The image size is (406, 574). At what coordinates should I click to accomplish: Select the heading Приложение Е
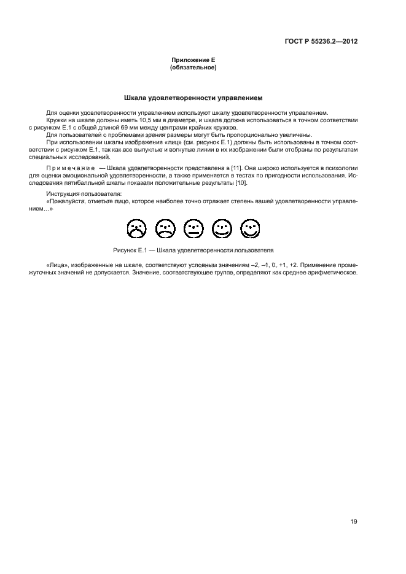pyautogui.click(x=193, y=60)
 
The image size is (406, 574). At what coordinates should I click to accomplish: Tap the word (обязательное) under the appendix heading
pyautogui.click(x=193, y=67)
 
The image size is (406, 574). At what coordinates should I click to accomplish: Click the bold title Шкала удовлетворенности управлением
pyautogui.click(x=193, y=98)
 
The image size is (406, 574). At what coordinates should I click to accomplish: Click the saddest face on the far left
pyautogui.click(x=136, y=230)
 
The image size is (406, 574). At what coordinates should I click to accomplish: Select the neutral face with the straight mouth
pyautogui.click(x=193, y=230)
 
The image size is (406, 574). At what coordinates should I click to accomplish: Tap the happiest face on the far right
pyautogui.click(x=250, y=230)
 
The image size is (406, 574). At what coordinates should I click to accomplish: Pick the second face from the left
pyautogui.click(x=165, y=230)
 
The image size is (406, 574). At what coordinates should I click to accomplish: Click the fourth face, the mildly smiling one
pyautogui.click(x=222, y=230)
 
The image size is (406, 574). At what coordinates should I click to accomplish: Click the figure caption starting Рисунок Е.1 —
pyautogui.click(x=193, y=250)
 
